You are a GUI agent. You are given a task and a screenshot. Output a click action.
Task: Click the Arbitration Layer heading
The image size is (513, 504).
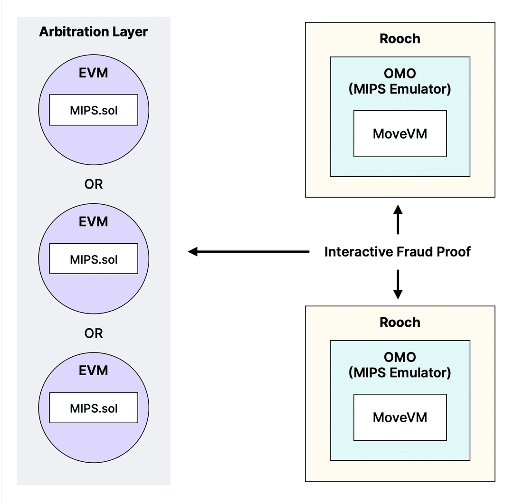[x=94, y=32]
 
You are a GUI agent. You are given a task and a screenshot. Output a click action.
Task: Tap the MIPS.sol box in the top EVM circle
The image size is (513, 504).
[x=94, y=110]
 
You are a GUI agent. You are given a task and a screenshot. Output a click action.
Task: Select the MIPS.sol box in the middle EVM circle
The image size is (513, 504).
[x=94, y=259]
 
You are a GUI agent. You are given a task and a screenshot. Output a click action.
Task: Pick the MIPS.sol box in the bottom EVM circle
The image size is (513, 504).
[x=94, y=408]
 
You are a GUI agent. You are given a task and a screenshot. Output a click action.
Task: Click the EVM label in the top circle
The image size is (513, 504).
[x=94, y=73]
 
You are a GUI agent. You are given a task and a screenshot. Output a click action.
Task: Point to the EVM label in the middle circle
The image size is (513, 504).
[x=94, y=222]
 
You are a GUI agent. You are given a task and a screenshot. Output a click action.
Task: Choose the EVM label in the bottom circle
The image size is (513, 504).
[x=94, y=370]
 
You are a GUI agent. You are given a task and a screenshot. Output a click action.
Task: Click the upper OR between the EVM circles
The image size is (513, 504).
[x=94, y=184]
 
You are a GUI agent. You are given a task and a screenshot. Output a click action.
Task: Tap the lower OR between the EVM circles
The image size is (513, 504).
[x=94, y=333]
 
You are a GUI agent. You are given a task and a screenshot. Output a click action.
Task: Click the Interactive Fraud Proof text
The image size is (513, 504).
[x=398, y=252]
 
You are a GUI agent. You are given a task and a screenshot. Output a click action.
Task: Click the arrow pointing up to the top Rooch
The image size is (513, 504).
[x=398, y=219]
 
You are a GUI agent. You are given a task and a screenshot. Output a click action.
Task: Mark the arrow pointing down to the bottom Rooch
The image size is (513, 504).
[x=398, y=284]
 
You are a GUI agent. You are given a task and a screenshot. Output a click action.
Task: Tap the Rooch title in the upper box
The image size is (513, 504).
[x=400, y=38]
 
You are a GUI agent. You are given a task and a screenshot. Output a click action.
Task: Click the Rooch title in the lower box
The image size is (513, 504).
[x=400, y=322]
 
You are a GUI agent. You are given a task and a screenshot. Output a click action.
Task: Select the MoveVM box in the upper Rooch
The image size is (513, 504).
[x=400, y=133]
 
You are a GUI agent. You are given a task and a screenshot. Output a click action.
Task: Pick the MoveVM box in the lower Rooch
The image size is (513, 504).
[x=400, y=417]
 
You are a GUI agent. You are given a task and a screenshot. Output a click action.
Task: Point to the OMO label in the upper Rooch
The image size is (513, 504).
[x=400, y=74]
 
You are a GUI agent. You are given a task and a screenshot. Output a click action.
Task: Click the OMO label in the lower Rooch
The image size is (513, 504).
[x=400, y=357]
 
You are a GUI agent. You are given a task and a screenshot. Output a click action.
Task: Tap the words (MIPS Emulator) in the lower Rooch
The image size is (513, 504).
[x=400, y=372]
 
